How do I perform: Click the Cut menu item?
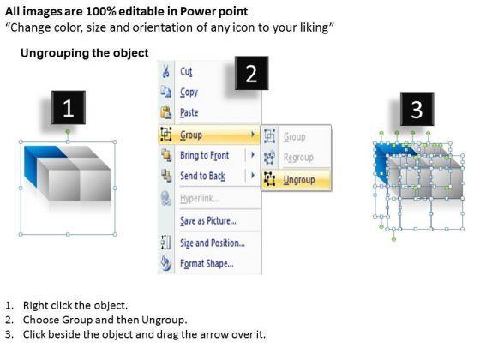[186, 72]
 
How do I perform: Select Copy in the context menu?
[189, 93]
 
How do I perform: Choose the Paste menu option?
[189, 112]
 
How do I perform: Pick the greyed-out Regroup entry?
[298, 158]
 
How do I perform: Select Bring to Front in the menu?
[204, 155]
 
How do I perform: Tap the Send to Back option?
[202, 176]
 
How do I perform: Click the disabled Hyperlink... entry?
[199, 199]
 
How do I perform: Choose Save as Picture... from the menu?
[208, 221]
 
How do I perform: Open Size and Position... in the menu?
[213, 243]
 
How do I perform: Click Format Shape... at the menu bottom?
[207, 264]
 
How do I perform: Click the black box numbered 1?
[69, 107]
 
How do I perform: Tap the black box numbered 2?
[251, 73]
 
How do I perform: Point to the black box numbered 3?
[417, 109]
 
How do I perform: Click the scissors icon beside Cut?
[165, 71]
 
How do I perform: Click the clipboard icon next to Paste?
[166, 112]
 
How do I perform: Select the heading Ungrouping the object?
[85, 53]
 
